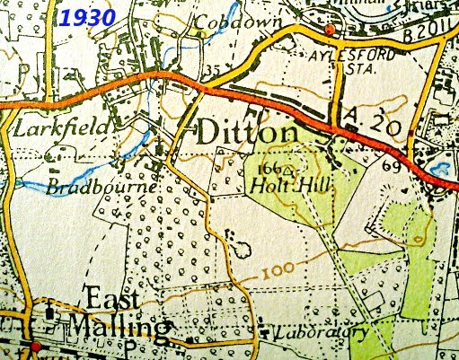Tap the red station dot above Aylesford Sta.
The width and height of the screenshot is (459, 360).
pos(330,31)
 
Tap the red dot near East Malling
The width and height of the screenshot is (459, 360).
pos(35,347)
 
